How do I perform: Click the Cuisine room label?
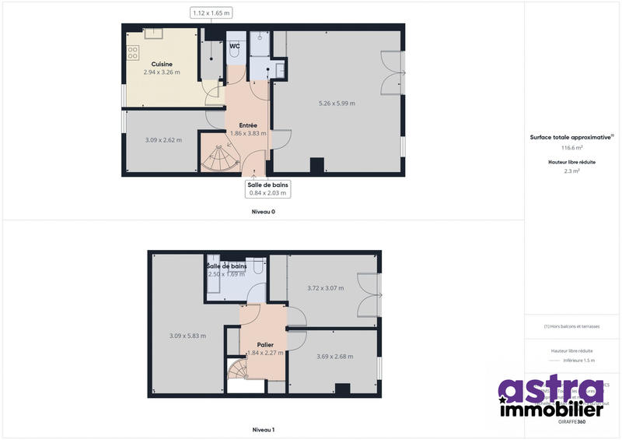162,64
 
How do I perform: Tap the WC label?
234,47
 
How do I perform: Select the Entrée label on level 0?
248,125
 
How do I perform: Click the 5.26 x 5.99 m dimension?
337,104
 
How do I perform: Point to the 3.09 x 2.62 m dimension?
163,140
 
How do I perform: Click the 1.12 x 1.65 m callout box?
211,12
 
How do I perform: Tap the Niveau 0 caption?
264,212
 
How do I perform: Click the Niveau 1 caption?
264,430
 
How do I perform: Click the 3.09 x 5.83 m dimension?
188,336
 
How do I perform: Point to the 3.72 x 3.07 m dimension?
325,288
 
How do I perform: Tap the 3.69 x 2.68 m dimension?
334,357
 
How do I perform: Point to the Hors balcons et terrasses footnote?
571,326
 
